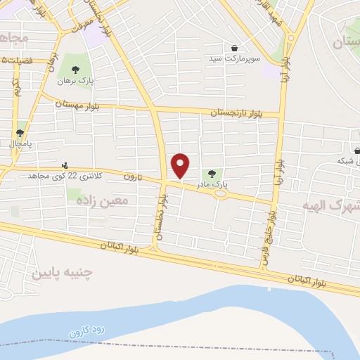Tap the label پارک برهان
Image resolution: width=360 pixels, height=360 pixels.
point(76,80)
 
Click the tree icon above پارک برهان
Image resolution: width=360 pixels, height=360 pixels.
point(76,69)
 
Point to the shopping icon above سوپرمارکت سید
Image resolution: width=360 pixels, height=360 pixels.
point(234,48)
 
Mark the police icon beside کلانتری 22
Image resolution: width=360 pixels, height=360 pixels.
point(65,165)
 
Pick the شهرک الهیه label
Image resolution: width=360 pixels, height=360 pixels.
point(330,206)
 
